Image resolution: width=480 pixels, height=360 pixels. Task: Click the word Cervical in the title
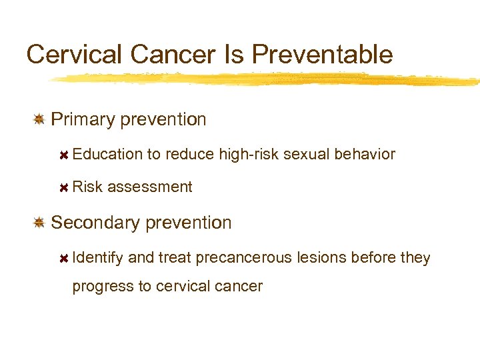67,54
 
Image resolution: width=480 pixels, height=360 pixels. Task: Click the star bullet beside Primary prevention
39,119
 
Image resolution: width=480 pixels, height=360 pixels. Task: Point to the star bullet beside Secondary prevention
39,223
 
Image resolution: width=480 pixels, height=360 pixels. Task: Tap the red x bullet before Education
64,155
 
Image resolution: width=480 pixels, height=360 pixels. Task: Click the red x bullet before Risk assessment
64,187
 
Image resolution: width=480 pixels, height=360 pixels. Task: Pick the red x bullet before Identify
64,258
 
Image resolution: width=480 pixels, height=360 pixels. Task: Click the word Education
107,155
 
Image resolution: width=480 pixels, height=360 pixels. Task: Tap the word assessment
149,187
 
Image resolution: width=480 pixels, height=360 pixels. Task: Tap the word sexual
307,155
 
